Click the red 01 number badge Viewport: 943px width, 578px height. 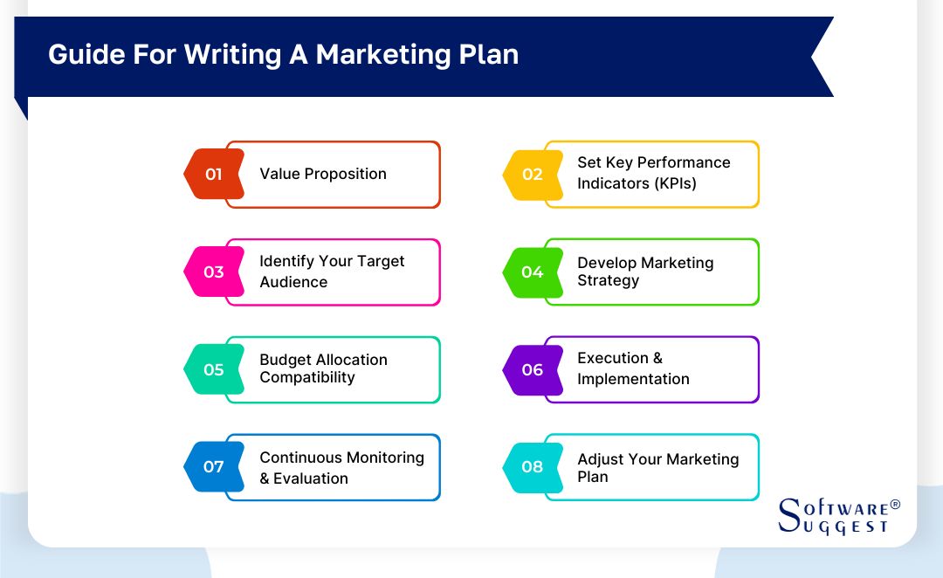coord(214,174)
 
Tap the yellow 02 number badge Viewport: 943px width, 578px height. coord(532,174)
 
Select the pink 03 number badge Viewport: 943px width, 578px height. coord(214,272)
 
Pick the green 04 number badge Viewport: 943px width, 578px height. coord(532,272)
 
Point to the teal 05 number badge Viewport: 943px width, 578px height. coord(214,369)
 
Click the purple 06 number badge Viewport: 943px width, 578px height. coord(532,369)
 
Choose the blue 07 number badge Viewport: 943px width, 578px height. coord(214,466)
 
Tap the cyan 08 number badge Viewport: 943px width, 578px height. coord(532,466)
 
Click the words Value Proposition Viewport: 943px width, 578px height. coord(323,174)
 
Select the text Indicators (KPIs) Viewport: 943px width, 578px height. coord(637,183)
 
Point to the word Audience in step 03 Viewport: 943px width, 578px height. coord(293,282)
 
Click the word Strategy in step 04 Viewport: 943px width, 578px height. coord(608,281)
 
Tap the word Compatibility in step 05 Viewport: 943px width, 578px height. coord(306,378)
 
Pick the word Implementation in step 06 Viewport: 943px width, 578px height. coord(633,379)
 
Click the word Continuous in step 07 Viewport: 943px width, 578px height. coord(299,458)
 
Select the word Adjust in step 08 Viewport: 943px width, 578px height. coord(599,459)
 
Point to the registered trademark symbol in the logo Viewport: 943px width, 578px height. coord(894,506)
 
